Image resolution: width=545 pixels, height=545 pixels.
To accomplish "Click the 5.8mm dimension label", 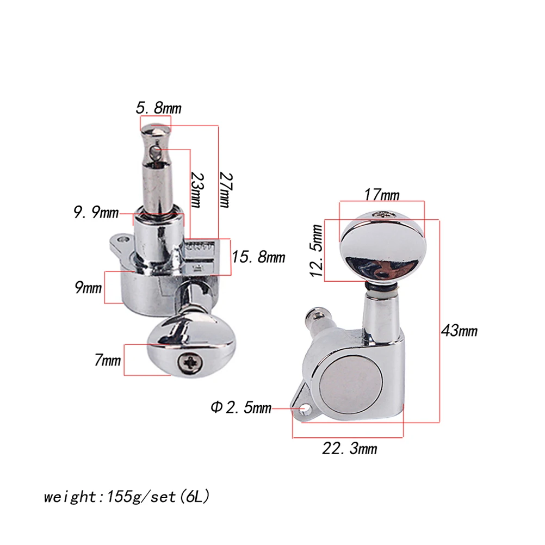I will point(158,108).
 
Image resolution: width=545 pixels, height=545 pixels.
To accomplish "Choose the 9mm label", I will point(88,288).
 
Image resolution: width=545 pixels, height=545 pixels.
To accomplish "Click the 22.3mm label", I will point(349,449).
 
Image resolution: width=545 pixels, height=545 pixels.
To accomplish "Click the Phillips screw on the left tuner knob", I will point(191,361).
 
